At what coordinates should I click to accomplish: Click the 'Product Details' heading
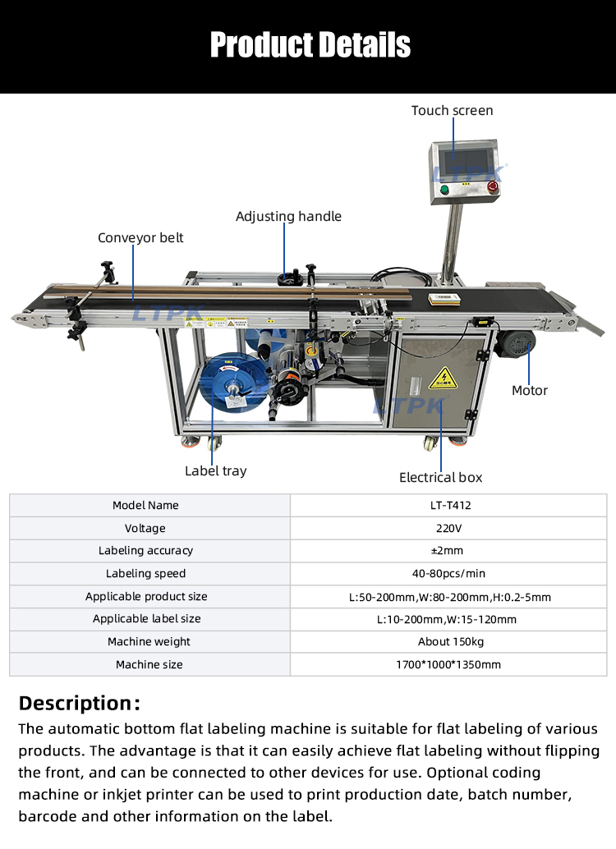coord(310,44)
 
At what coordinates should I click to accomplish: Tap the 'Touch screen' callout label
coord(452,110)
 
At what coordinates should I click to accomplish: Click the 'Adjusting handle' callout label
coord(288,217)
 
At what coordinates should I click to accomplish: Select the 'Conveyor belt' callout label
coord(140,238)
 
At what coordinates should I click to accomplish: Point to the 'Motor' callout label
coord(530,390)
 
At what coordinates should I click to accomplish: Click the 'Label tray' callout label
coord(215,470)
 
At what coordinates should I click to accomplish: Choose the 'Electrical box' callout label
coord(440,477)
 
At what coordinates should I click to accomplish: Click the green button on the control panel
coord(445,190)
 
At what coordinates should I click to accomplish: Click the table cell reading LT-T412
coord(450,506)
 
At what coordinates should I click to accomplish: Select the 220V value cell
coord(450,528)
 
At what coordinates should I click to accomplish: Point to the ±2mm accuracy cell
coord(450,551)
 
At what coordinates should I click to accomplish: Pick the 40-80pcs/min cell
coord(450,573)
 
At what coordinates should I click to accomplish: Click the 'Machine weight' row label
coord(149,641)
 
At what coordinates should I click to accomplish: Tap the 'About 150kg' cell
coord(450,641)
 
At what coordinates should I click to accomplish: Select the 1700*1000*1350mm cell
coord(450,664)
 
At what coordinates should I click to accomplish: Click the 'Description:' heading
coord(80,703)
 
